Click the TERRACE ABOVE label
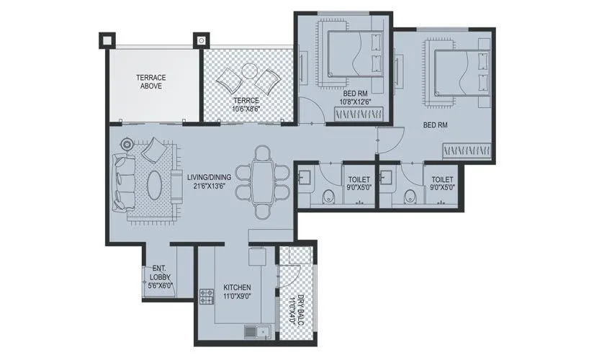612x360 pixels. [x=151, y=81]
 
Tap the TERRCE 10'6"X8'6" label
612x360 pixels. [x=246, y=104]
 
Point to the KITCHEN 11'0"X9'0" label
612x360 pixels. [x=237, y=290]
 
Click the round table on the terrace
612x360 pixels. [x=249, y=72]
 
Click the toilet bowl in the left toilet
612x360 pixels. [x=328, y=194]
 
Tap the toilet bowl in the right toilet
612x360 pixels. [x=411, y=195]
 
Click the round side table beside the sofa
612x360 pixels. [x=127, y=145]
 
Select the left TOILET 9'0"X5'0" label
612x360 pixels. [x=360, y=183]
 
